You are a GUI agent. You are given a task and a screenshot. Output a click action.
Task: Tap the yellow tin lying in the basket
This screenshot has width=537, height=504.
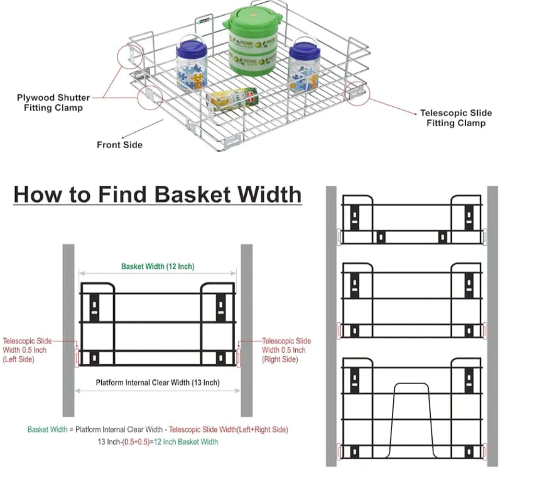[x=233, y=99]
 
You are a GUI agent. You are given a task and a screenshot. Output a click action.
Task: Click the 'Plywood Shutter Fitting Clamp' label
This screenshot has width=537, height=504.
[x=53, y=103]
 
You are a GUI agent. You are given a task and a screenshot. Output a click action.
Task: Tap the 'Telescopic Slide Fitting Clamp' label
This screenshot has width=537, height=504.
[x=456, y=118]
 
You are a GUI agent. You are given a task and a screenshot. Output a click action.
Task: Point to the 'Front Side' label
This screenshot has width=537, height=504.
[x=119, y=145]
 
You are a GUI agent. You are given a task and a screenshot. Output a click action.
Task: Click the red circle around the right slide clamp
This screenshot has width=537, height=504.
[x=357, y=92]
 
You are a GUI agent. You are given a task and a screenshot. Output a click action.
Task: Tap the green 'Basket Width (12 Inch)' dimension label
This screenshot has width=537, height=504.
[x=158, y=266]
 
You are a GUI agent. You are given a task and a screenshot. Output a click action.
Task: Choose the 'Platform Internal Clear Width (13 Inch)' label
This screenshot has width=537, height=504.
[x=158, y=383]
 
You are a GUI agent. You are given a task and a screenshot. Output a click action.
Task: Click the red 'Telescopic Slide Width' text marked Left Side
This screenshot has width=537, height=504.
[x=27, y=350]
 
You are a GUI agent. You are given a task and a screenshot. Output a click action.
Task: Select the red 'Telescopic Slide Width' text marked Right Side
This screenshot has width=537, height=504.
[x=286, y=350]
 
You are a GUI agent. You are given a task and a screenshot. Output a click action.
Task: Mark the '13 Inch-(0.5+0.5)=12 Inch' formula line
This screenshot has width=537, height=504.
[x=158, y=442]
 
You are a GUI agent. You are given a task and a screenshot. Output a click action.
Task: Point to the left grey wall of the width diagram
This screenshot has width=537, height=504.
[x=68, y=321]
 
